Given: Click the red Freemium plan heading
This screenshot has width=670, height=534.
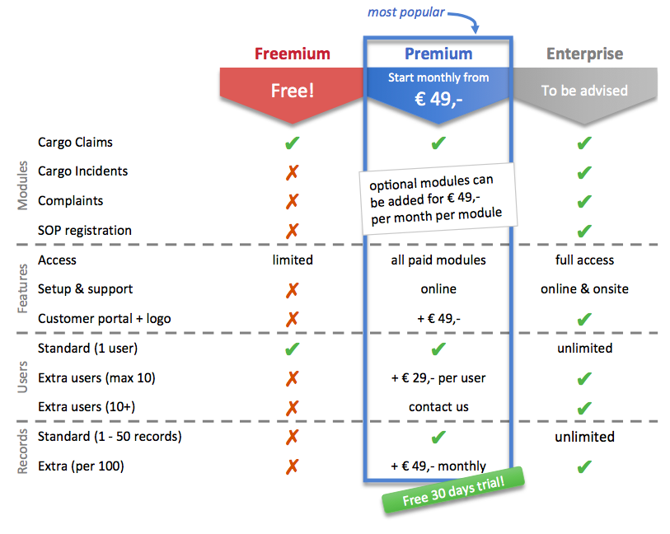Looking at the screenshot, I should pyautogui.click(x=292, y=54).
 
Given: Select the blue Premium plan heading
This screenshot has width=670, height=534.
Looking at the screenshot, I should pyautogui.click(x=438, y=54).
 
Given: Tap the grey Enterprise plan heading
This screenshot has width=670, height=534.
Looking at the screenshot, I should pyautogui.click(x=584, y=54).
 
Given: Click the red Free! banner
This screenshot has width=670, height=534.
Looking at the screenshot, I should pyautogui.click(x=292, y=90).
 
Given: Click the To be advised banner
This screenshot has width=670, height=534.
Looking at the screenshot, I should pyautogui.click(x=584, y=91).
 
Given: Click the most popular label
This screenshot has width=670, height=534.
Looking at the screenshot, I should pyautogui.click(x=405, y=12).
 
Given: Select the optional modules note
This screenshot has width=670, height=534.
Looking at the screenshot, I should pyautogui.click(x=437, y=198).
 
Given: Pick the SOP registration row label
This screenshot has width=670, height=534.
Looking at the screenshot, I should pyautogui.click(x=84, y=230).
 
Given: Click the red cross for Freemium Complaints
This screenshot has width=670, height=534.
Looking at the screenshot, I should pyautogui.click(x=292, y=201).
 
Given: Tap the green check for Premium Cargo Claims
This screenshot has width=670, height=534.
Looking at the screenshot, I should pyautogui.click(x=438, y=143).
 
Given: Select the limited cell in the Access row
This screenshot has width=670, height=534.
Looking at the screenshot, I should pyautogui.click(x=292, y=260).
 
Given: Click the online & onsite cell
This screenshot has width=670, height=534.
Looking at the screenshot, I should pyautogui.click(x=584, y=289).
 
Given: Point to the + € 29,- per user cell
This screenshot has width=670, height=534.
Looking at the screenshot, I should pyautogui.click(x=438, y=377).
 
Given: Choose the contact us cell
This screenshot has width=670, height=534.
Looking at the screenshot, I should pyautogui.click(x=438, y=407).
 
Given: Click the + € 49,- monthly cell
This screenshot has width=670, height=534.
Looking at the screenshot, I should pyautogui.click(x=438, y=466).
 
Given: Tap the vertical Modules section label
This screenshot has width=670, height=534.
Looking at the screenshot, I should pyautogui.click(x=23, y=186).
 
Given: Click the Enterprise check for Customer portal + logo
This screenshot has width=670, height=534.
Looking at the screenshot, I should pyautogui.click(x=584, y=319).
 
